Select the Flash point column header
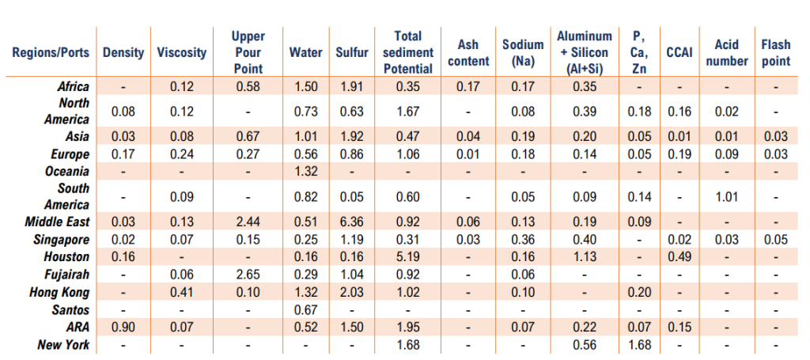(x=775, y=52)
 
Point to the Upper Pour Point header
(x=248, y=52)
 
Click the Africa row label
(x=74, y=86)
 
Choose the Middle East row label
(x=58, y=222)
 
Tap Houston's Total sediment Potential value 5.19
(x=413, y=256)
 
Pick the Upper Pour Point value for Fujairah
(x=248, y=274)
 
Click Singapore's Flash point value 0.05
(x=775, y=239)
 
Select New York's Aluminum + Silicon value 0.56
(x=584, y=345)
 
